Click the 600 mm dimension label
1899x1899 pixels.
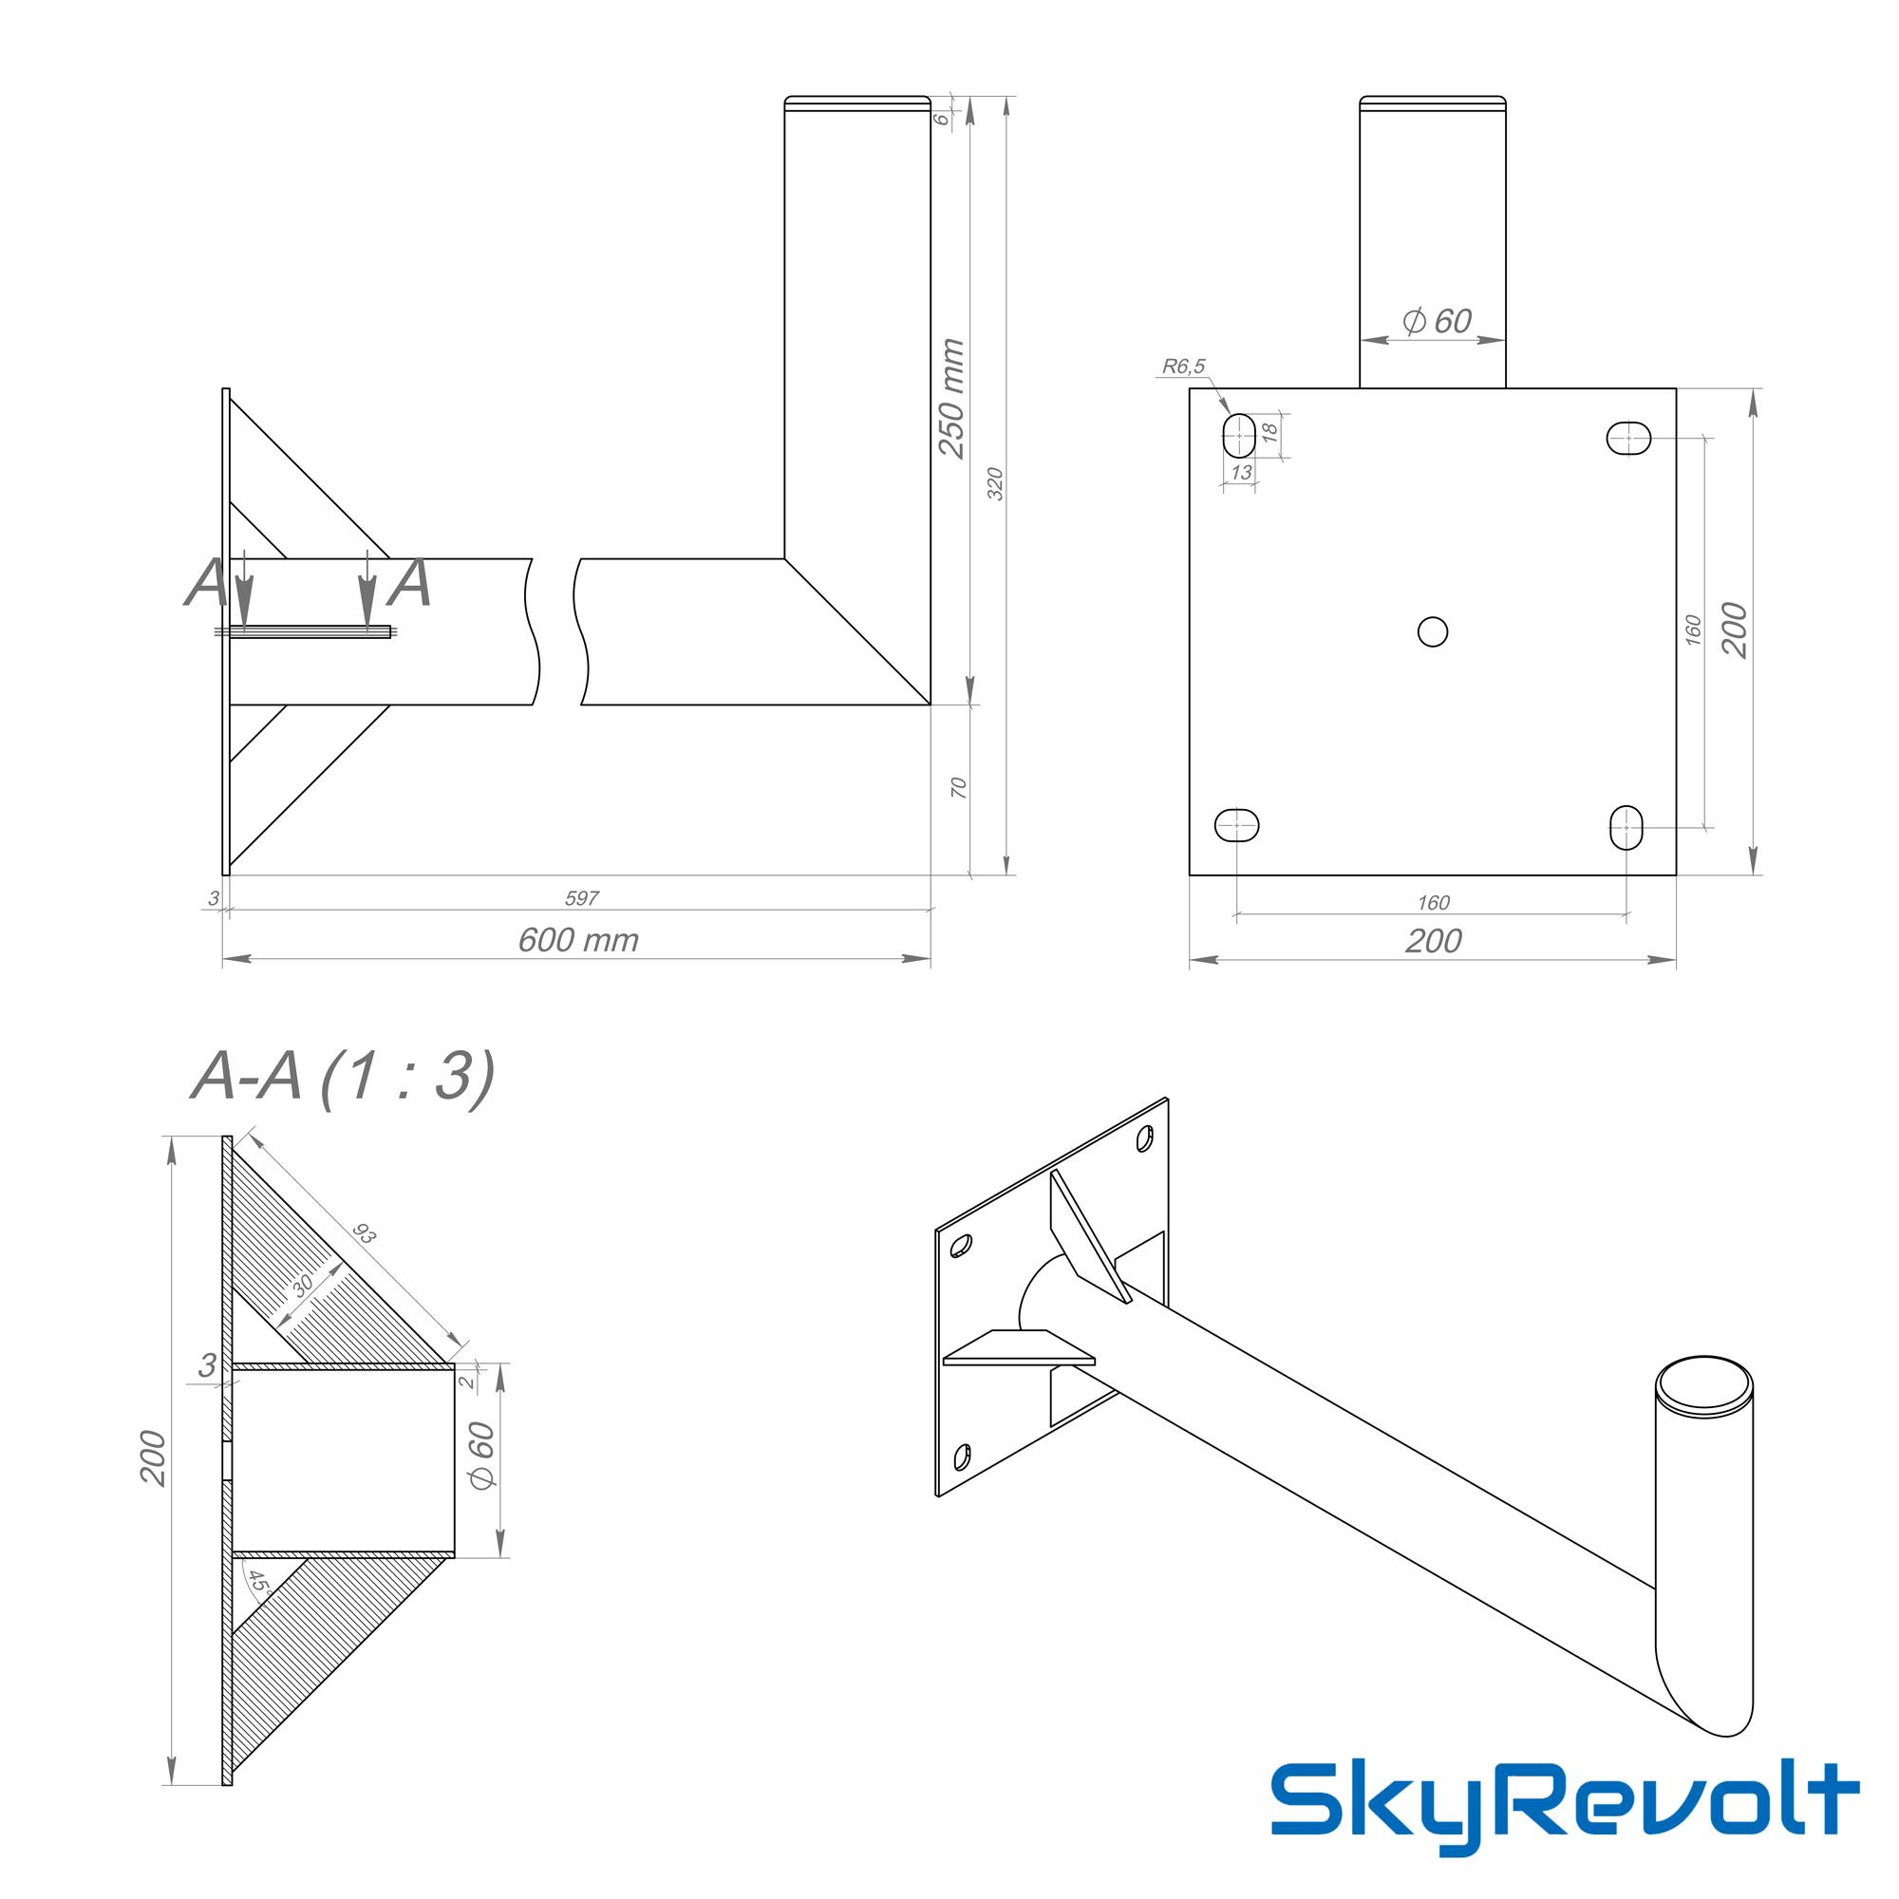578,941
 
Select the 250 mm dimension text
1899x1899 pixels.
950,398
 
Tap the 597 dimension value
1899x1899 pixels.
582,897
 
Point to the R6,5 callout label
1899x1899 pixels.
1182,367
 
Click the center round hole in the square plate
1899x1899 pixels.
1432,631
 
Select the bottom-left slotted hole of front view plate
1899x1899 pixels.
1237,825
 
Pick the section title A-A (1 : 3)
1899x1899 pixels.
342,1079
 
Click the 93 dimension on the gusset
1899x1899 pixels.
365,1234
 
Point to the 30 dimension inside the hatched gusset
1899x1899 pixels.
303,1284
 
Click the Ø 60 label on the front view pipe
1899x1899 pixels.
1436,322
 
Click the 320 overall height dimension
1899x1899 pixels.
995,483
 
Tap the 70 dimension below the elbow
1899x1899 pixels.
959,787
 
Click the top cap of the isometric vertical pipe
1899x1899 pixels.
1703,1387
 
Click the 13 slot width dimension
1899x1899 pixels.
1240,473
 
